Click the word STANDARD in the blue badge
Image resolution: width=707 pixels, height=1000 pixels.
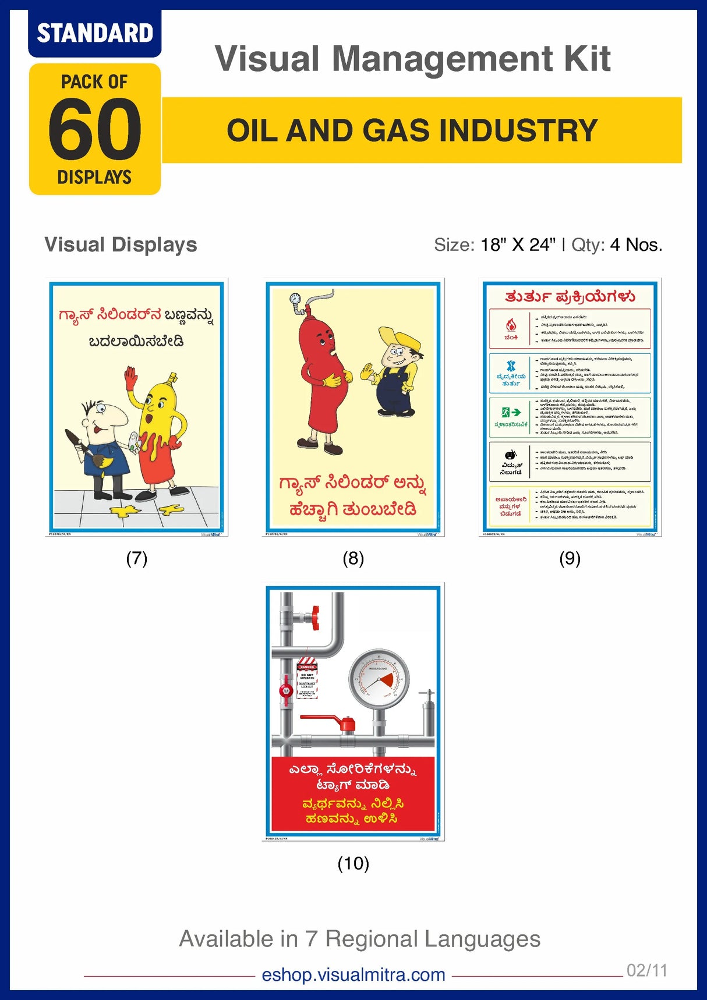[95, 33]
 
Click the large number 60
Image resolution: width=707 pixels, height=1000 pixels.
[95, 129]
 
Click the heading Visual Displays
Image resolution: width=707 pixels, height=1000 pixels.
[121, 244]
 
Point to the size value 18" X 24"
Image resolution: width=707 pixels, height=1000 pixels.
[518, 245]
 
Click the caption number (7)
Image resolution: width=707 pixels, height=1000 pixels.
[137, 558]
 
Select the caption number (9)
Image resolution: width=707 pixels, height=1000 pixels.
[570, 558]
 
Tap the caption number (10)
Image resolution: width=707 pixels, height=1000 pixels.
[353, 863]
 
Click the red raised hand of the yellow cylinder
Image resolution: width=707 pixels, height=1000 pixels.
[130, 377]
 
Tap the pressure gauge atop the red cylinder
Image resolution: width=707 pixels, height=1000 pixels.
[295, 299]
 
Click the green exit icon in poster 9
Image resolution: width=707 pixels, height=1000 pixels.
[511, 413]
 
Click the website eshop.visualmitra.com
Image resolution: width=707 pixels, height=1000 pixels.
[353, 974]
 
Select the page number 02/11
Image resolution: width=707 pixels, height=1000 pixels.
[646, 970]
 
